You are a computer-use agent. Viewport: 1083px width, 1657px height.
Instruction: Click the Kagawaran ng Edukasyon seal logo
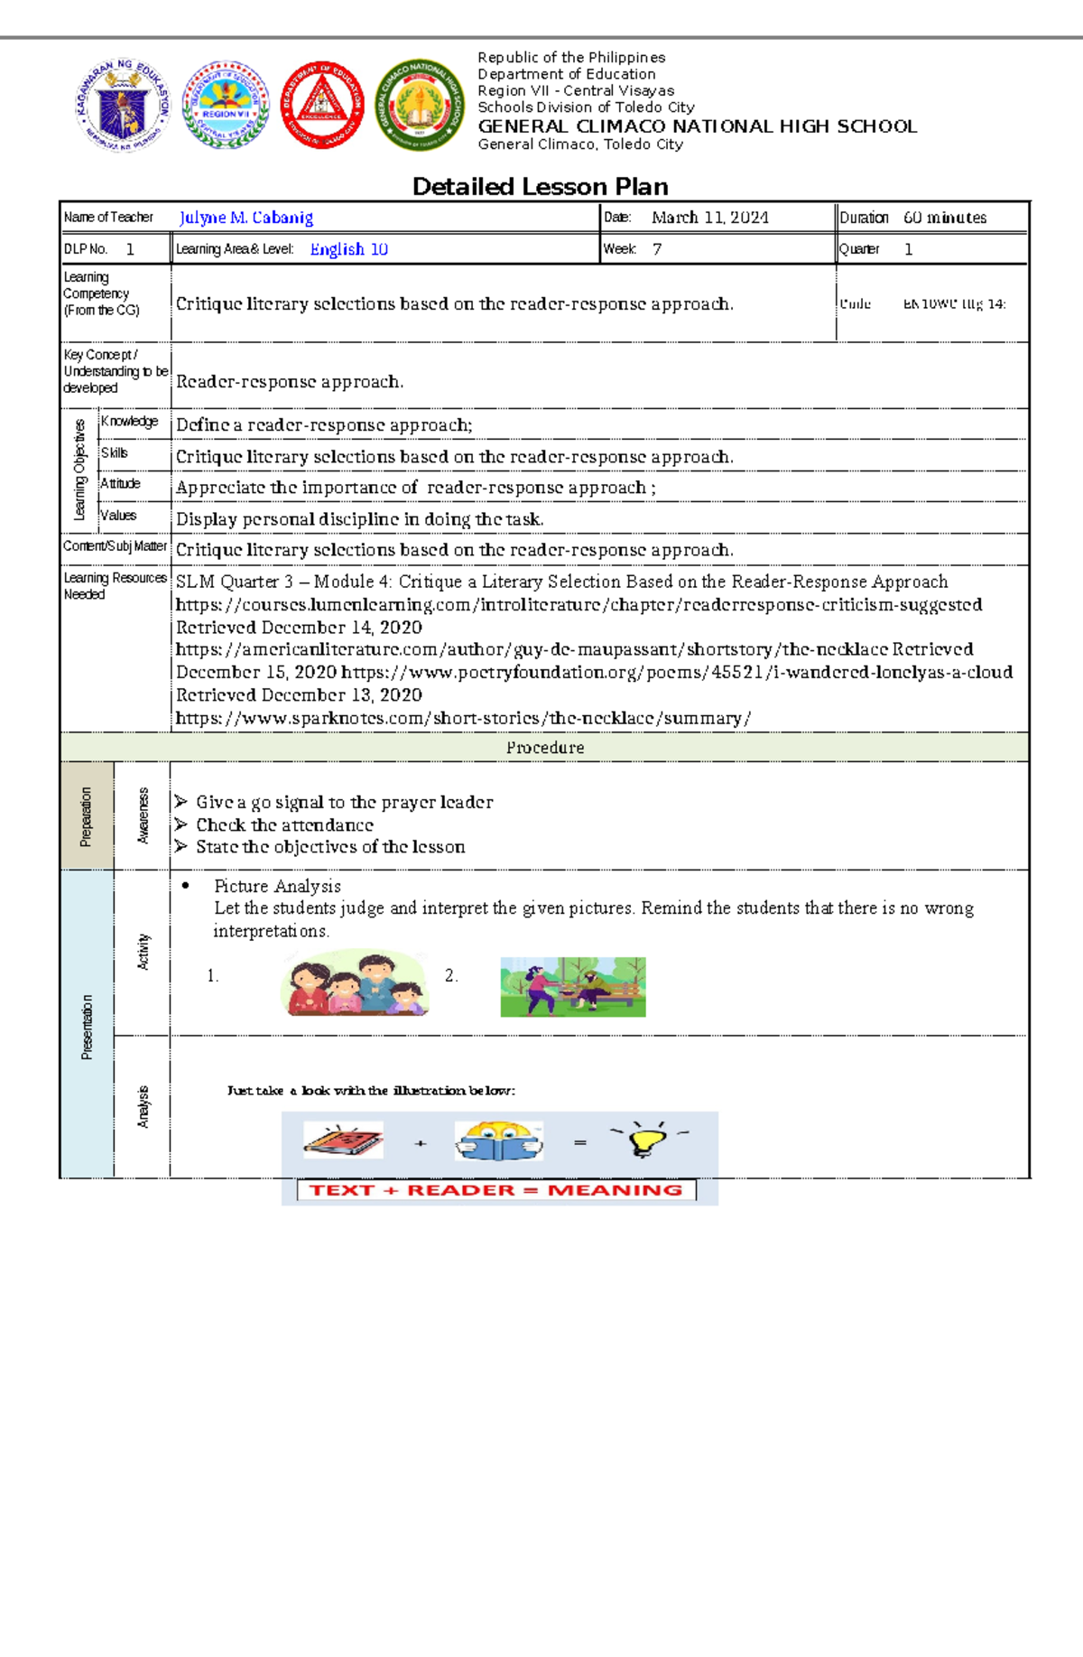click(x=123, y=106)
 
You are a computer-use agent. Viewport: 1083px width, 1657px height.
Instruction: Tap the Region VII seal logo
click(x=226, y=106)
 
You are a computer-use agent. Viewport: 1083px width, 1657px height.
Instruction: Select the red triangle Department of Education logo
click(x=322, y=106)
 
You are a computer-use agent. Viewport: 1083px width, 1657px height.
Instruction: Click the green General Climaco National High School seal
click(x=419, y=106)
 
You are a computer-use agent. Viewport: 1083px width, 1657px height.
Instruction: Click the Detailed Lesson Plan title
click(x=540, y=187)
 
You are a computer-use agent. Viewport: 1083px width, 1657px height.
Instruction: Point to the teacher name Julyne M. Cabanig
click(x=246, y=218)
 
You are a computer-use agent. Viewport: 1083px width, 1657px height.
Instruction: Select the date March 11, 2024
click(x=709, y=218)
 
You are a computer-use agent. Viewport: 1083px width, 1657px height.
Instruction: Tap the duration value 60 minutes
click(x=944, y=218)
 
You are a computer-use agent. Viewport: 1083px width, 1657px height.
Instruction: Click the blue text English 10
click(x=348, y=249)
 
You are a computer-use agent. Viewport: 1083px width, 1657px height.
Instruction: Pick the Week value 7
click(x=657, y=249)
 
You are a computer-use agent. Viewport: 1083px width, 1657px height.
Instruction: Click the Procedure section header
click(x=544, y=748)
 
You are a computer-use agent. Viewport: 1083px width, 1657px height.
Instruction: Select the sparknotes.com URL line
click(x=463, y=718)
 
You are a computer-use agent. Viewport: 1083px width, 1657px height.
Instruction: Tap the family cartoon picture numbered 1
click(x=355, y=984)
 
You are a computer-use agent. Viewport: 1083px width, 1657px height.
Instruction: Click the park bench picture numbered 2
click(x=573, y=987)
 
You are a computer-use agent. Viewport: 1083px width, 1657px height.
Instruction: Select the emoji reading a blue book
click(x=498, y=1141)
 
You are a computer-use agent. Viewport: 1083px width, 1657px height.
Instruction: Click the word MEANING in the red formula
click(x=615, y=1190)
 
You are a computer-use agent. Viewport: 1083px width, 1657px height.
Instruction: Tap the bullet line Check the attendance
click(x=284, y=824)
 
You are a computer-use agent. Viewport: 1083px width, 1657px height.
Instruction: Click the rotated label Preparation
click(x=87, y=816)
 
